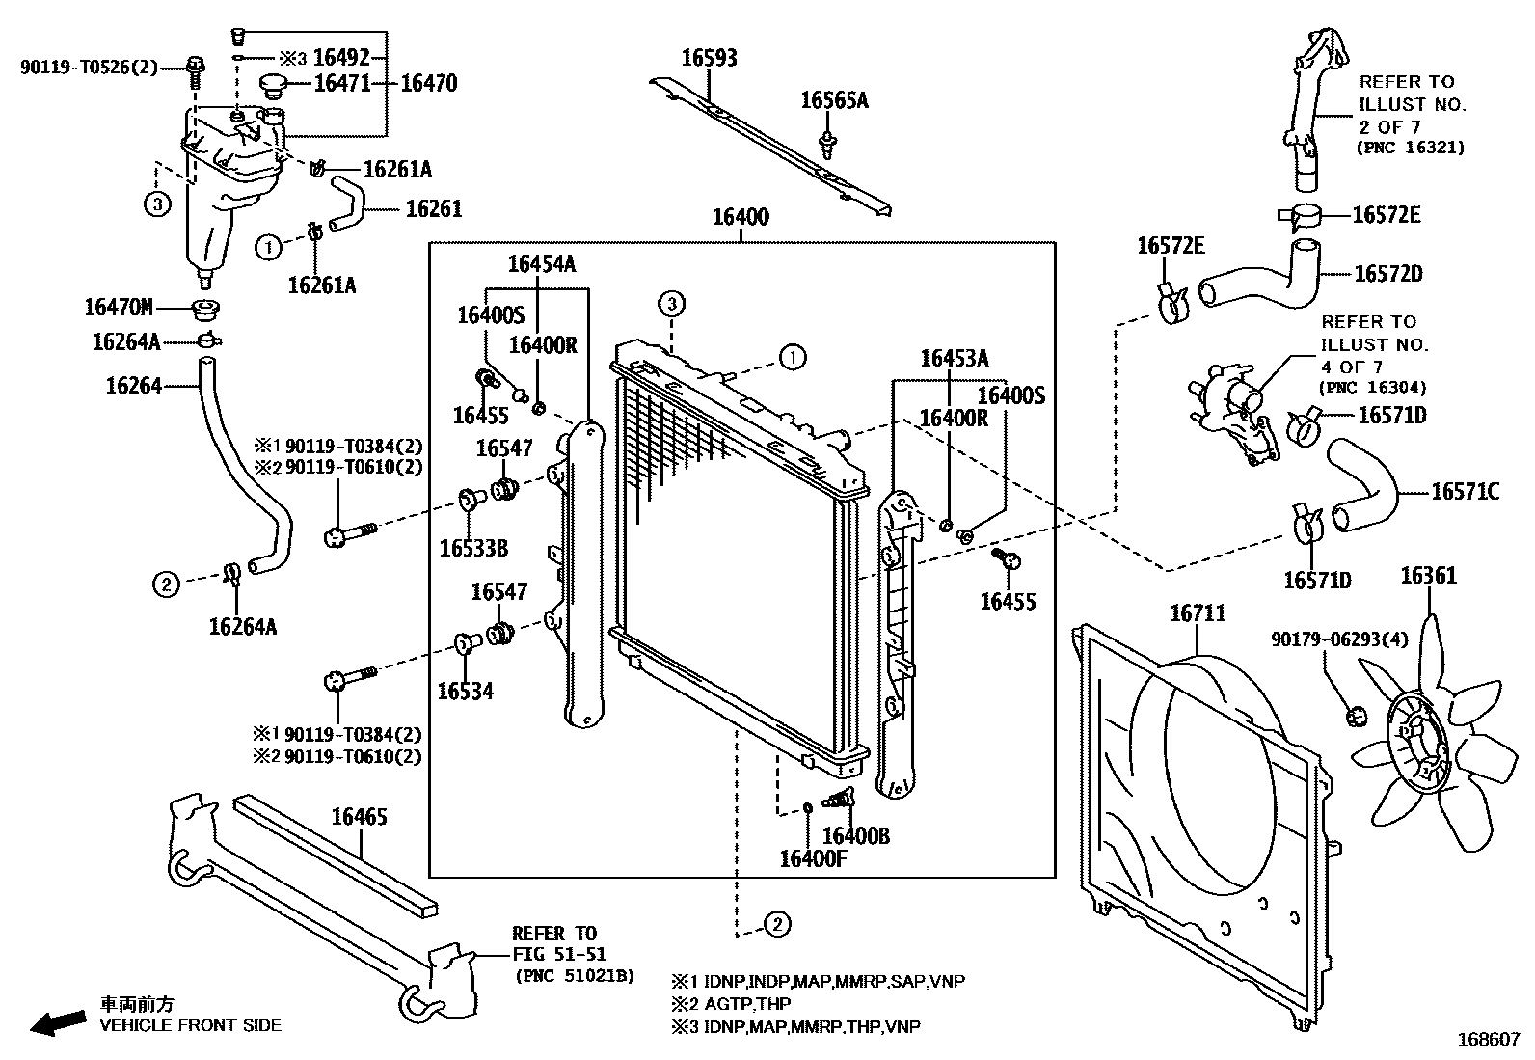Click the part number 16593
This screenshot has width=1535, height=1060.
click(x=709, y=58)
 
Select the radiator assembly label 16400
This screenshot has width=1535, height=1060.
click(x=741, y=217)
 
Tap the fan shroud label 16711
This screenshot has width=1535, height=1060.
click(x=1198, y=613)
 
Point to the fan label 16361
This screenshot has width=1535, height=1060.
click(x=1428, y=577)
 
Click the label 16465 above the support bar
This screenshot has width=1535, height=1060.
click(x=359, y=818)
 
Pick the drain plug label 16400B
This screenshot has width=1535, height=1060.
click(x=856, y=836)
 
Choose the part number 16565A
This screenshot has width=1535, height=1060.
click(x=834, y=100)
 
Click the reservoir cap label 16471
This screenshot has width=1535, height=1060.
click(x=342, y=84)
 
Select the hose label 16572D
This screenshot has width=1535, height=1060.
click(x=1387, y=274)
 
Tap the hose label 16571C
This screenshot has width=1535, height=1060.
click(x=1465, y=492)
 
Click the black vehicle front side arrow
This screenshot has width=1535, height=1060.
click(x=56, y=1023)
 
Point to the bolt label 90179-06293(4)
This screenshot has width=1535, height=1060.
click(x=1326, y=639)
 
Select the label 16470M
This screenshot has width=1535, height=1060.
click(x=119, y=308)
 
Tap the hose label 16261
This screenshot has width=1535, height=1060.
click(x=434, y=208)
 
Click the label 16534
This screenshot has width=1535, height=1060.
click(x=465, y=692)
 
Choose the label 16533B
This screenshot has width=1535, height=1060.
click(x=473, y=549)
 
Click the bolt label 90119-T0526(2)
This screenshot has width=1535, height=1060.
click(x=89, y=67)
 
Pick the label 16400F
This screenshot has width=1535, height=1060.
click(x=812, y=858)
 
